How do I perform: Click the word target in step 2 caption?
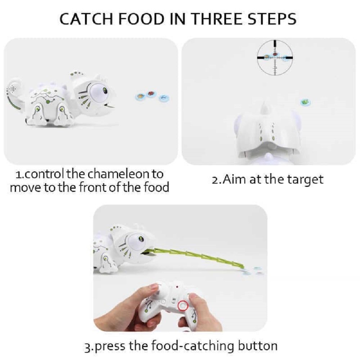[x=305, y=180]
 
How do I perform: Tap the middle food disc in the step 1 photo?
[x=150, y=94]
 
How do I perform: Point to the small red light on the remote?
[x=177, y=287]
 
